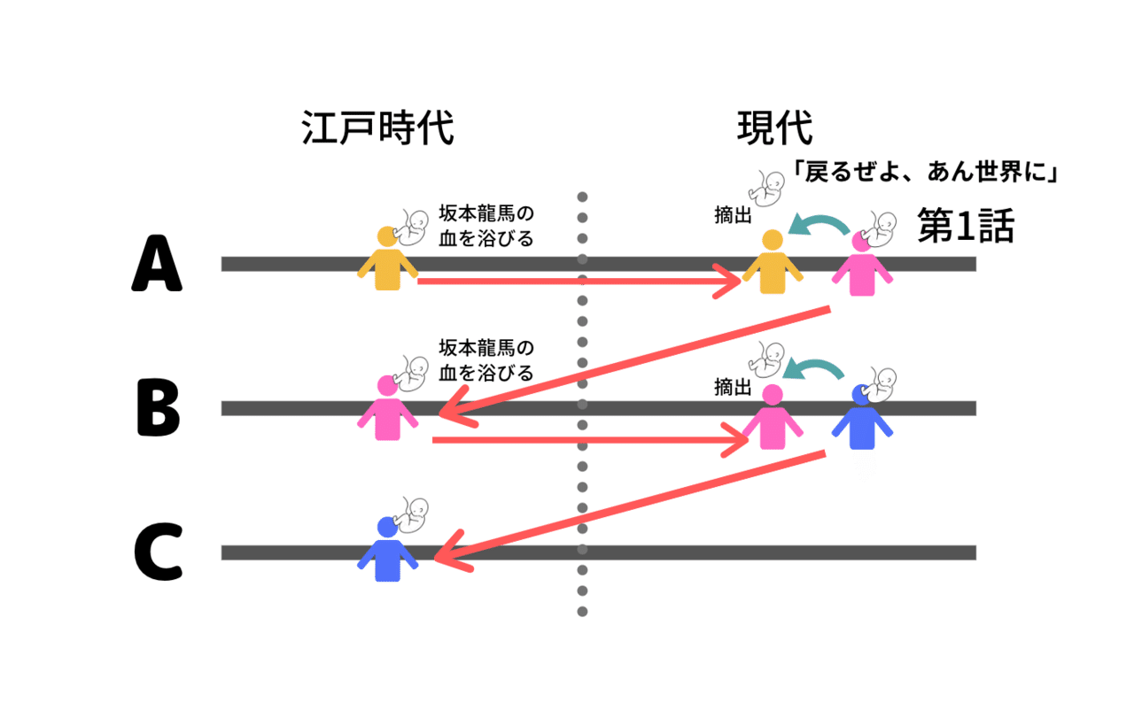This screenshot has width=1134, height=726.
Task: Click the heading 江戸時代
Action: pyautogui.click(x=377, y=129)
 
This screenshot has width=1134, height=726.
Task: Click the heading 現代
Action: pyautogui.click(x=774, y=129)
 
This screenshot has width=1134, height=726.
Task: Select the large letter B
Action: pyautogui.click(x=159, y=408)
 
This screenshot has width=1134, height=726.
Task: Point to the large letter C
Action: pyautogui.click(x=158, y=552)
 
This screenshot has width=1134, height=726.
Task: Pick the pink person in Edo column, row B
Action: pyautogui.click(x=387, y=408)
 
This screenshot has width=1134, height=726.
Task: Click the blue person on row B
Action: pyautogui.click(x=862, y=418)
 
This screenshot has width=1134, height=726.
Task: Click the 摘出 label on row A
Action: pyautogui.click(x=733, y=214)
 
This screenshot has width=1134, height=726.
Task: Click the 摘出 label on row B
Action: pyautogui.click(x=733, y=387)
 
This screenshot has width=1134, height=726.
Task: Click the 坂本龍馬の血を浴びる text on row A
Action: pyautogui.click(x=486, y=227)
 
